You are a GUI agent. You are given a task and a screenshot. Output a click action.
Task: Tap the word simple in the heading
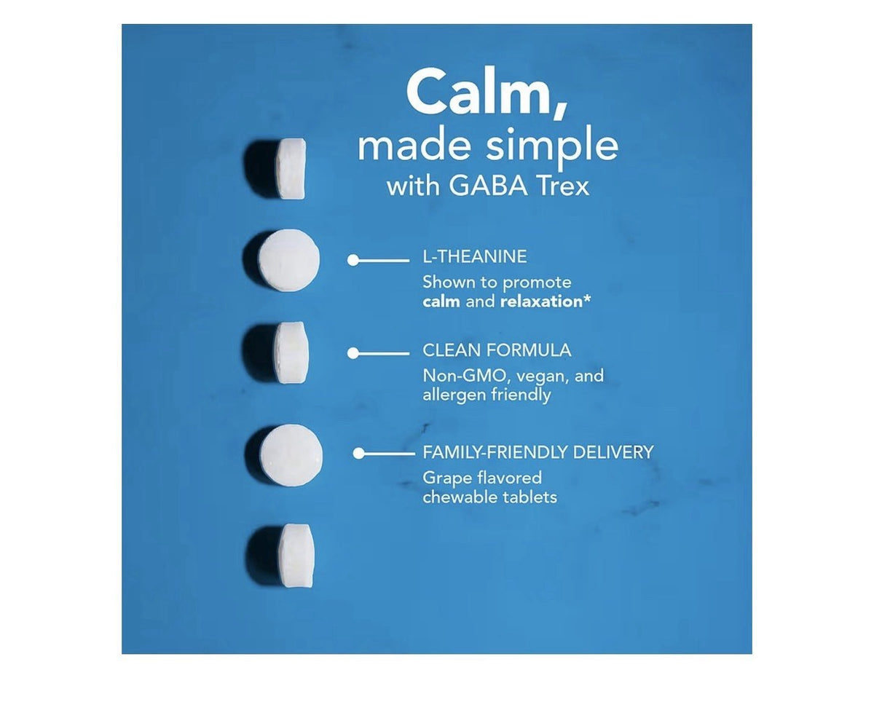(552, 148)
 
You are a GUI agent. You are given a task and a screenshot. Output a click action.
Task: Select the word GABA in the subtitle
(488, 186)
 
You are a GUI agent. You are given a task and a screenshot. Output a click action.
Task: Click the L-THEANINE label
(474, 256)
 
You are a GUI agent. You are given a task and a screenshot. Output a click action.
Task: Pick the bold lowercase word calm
(441, 301)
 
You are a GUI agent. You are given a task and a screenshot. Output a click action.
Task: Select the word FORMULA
(528, 350)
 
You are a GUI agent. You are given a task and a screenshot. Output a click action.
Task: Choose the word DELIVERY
(613, 452)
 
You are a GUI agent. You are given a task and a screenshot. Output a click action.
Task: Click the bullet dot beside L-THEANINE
(353, 260)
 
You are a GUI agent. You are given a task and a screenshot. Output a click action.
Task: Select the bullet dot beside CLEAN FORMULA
(353, 353)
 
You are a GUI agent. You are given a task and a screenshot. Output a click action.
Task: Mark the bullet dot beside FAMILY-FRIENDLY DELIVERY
(359, 454)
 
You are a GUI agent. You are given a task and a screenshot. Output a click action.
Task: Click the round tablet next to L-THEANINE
(289, 260)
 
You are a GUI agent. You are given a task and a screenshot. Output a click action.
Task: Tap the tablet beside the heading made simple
(292, 169)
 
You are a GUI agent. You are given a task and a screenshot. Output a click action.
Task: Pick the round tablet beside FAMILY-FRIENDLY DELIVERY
(291, 455)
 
